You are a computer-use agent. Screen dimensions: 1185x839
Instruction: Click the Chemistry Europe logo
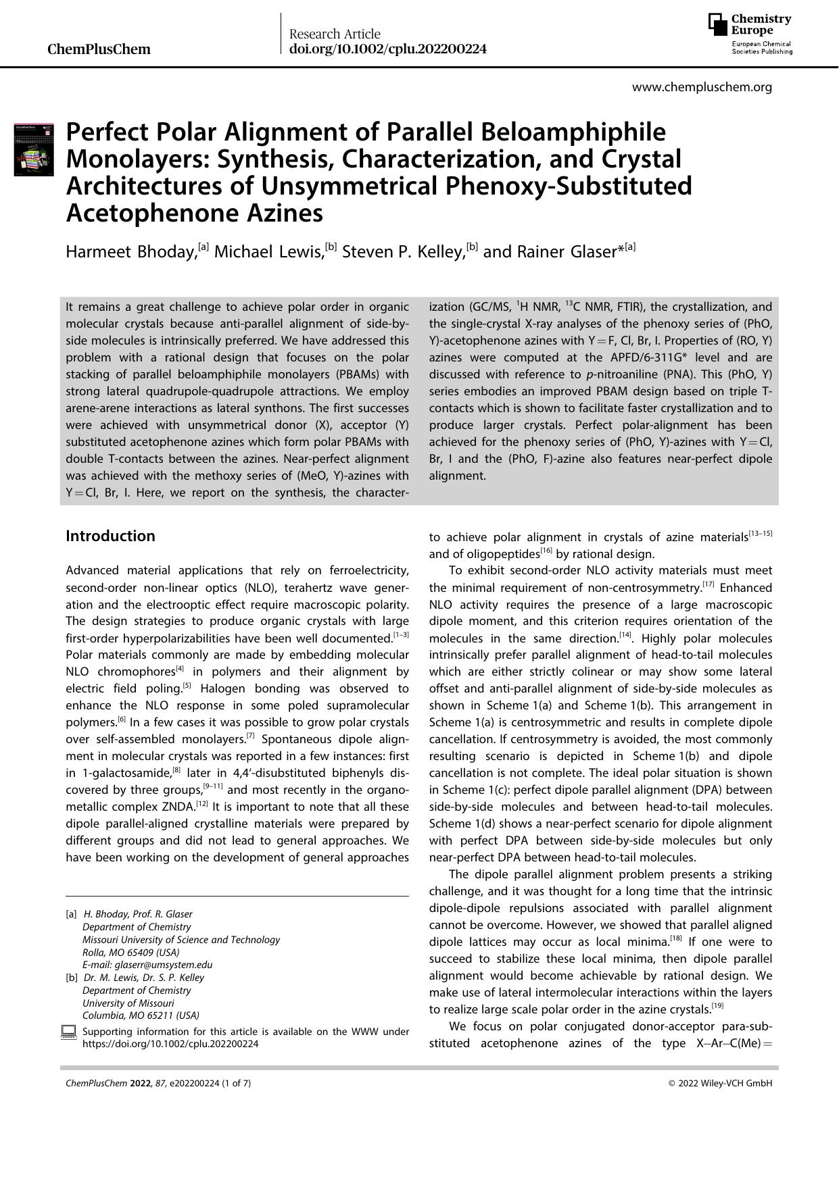tap(750, 34)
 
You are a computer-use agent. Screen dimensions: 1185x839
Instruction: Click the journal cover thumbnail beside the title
tap(34, 149)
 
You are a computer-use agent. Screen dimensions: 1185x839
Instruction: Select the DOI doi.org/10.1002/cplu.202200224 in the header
tap(387, 49)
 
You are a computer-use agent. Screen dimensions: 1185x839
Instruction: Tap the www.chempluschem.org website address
tap(702, 87)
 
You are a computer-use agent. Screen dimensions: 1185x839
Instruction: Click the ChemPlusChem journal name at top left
tap(99, 49)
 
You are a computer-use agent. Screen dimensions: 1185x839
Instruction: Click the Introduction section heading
tap(110, 536)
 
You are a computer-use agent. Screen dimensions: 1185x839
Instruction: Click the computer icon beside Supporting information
tap(68, 1032)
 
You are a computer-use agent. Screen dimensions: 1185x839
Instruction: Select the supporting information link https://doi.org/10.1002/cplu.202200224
tap(170, 1043)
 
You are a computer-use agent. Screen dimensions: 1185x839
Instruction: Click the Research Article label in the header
tap(335, 34)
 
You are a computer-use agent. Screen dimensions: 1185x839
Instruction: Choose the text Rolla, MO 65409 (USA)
tap(131, 952)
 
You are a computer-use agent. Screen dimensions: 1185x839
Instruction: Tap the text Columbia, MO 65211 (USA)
tap(141, 1015)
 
